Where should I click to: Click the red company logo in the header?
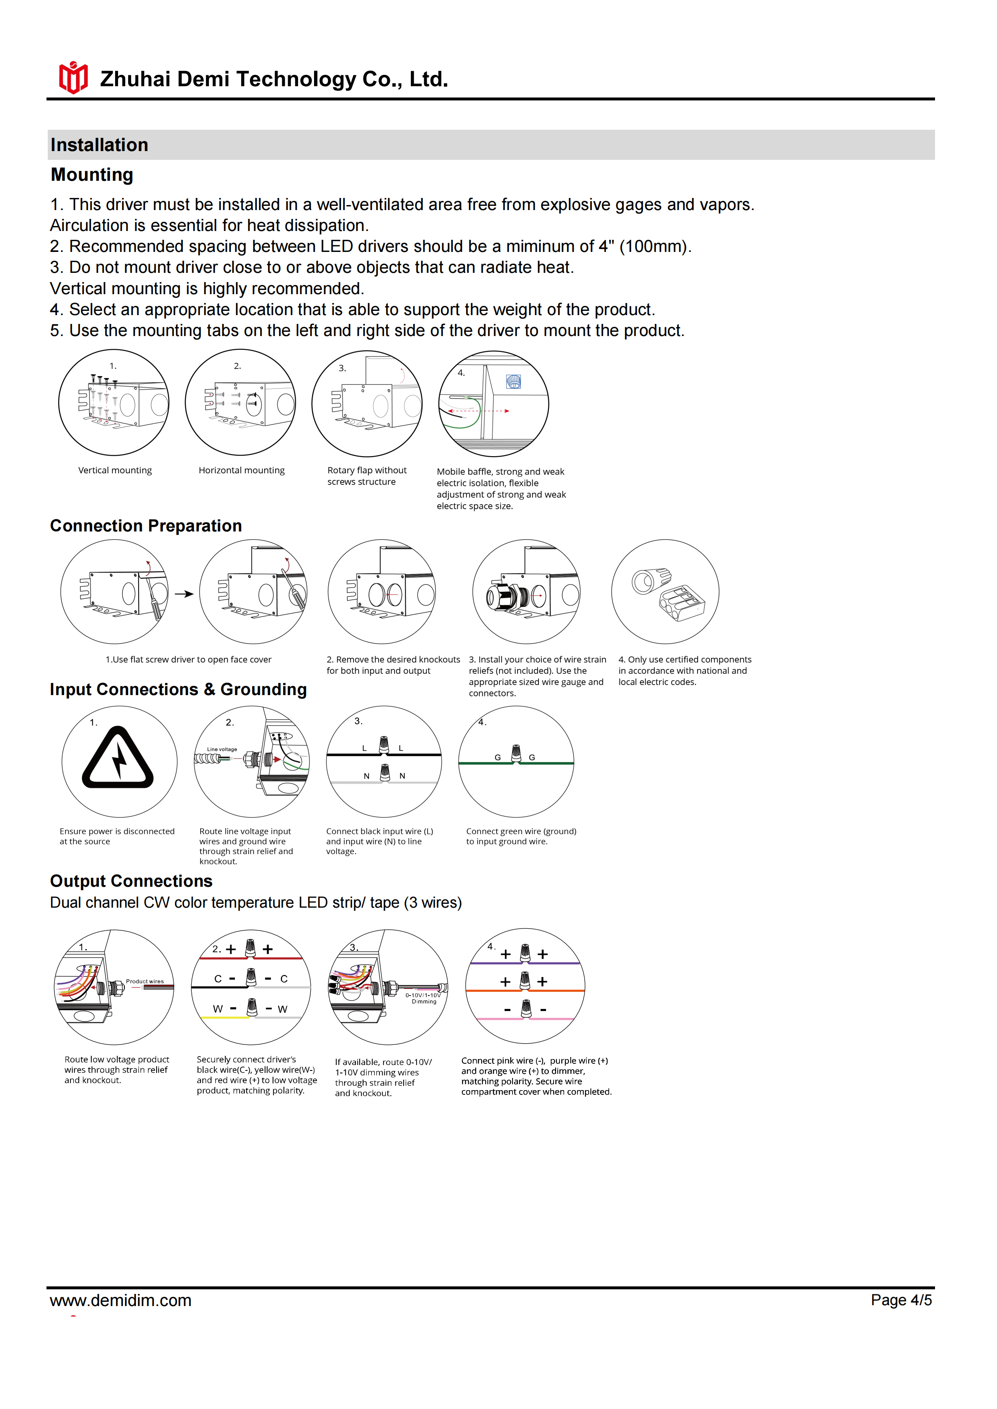[x=73, y=78]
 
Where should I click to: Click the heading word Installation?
[x=100, y=145]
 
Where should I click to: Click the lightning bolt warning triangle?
[x=118, y=758]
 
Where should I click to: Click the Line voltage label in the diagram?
[x=222, y=749]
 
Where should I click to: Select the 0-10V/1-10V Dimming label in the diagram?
[x=423, y=998]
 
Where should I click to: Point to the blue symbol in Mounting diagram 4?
[x=513, y=382]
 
